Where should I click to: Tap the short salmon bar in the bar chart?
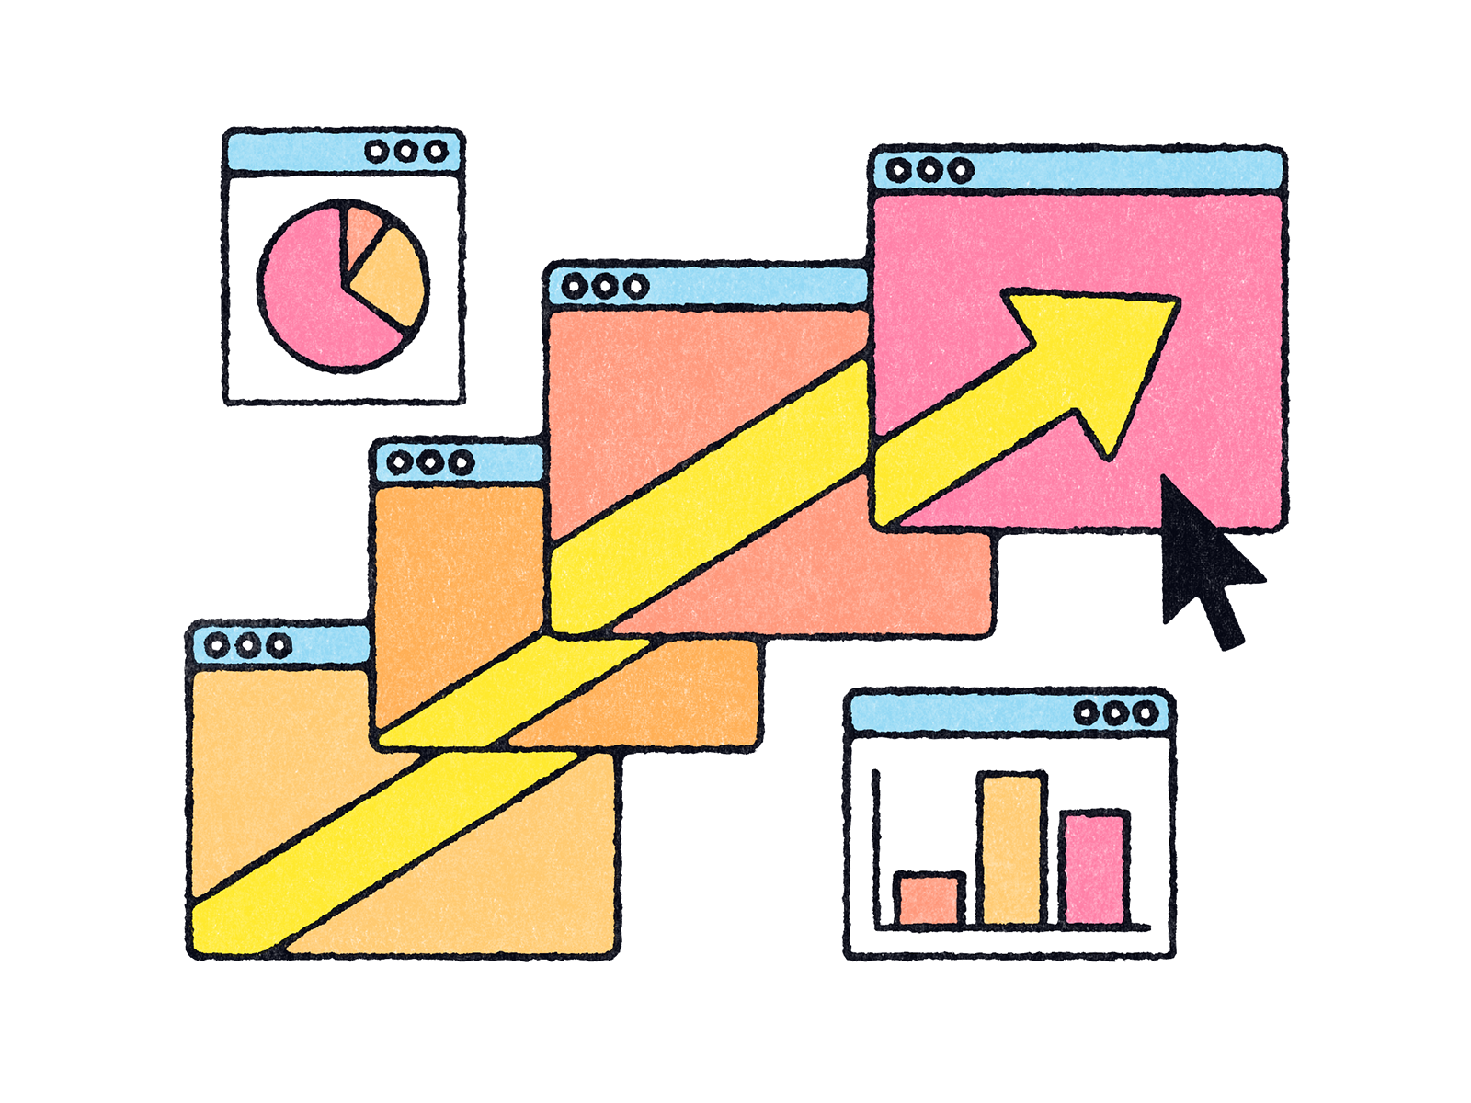click(x=929, y=900)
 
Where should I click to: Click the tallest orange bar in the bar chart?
click(x=1011, y=850)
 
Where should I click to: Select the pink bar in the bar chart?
click(x=1094, y=869)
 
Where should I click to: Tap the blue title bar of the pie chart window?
click(x=294, y=152)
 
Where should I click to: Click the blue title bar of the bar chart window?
click(x=956, y=713)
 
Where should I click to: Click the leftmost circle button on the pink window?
click(x=898, y=170)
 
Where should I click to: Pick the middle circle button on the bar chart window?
click(x=1116, y=713)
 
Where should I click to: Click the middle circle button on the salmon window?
click(x=605, y=287)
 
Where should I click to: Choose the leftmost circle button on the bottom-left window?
click(x=217, y=645)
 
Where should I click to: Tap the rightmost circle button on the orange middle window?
click(x=461, y=461)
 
